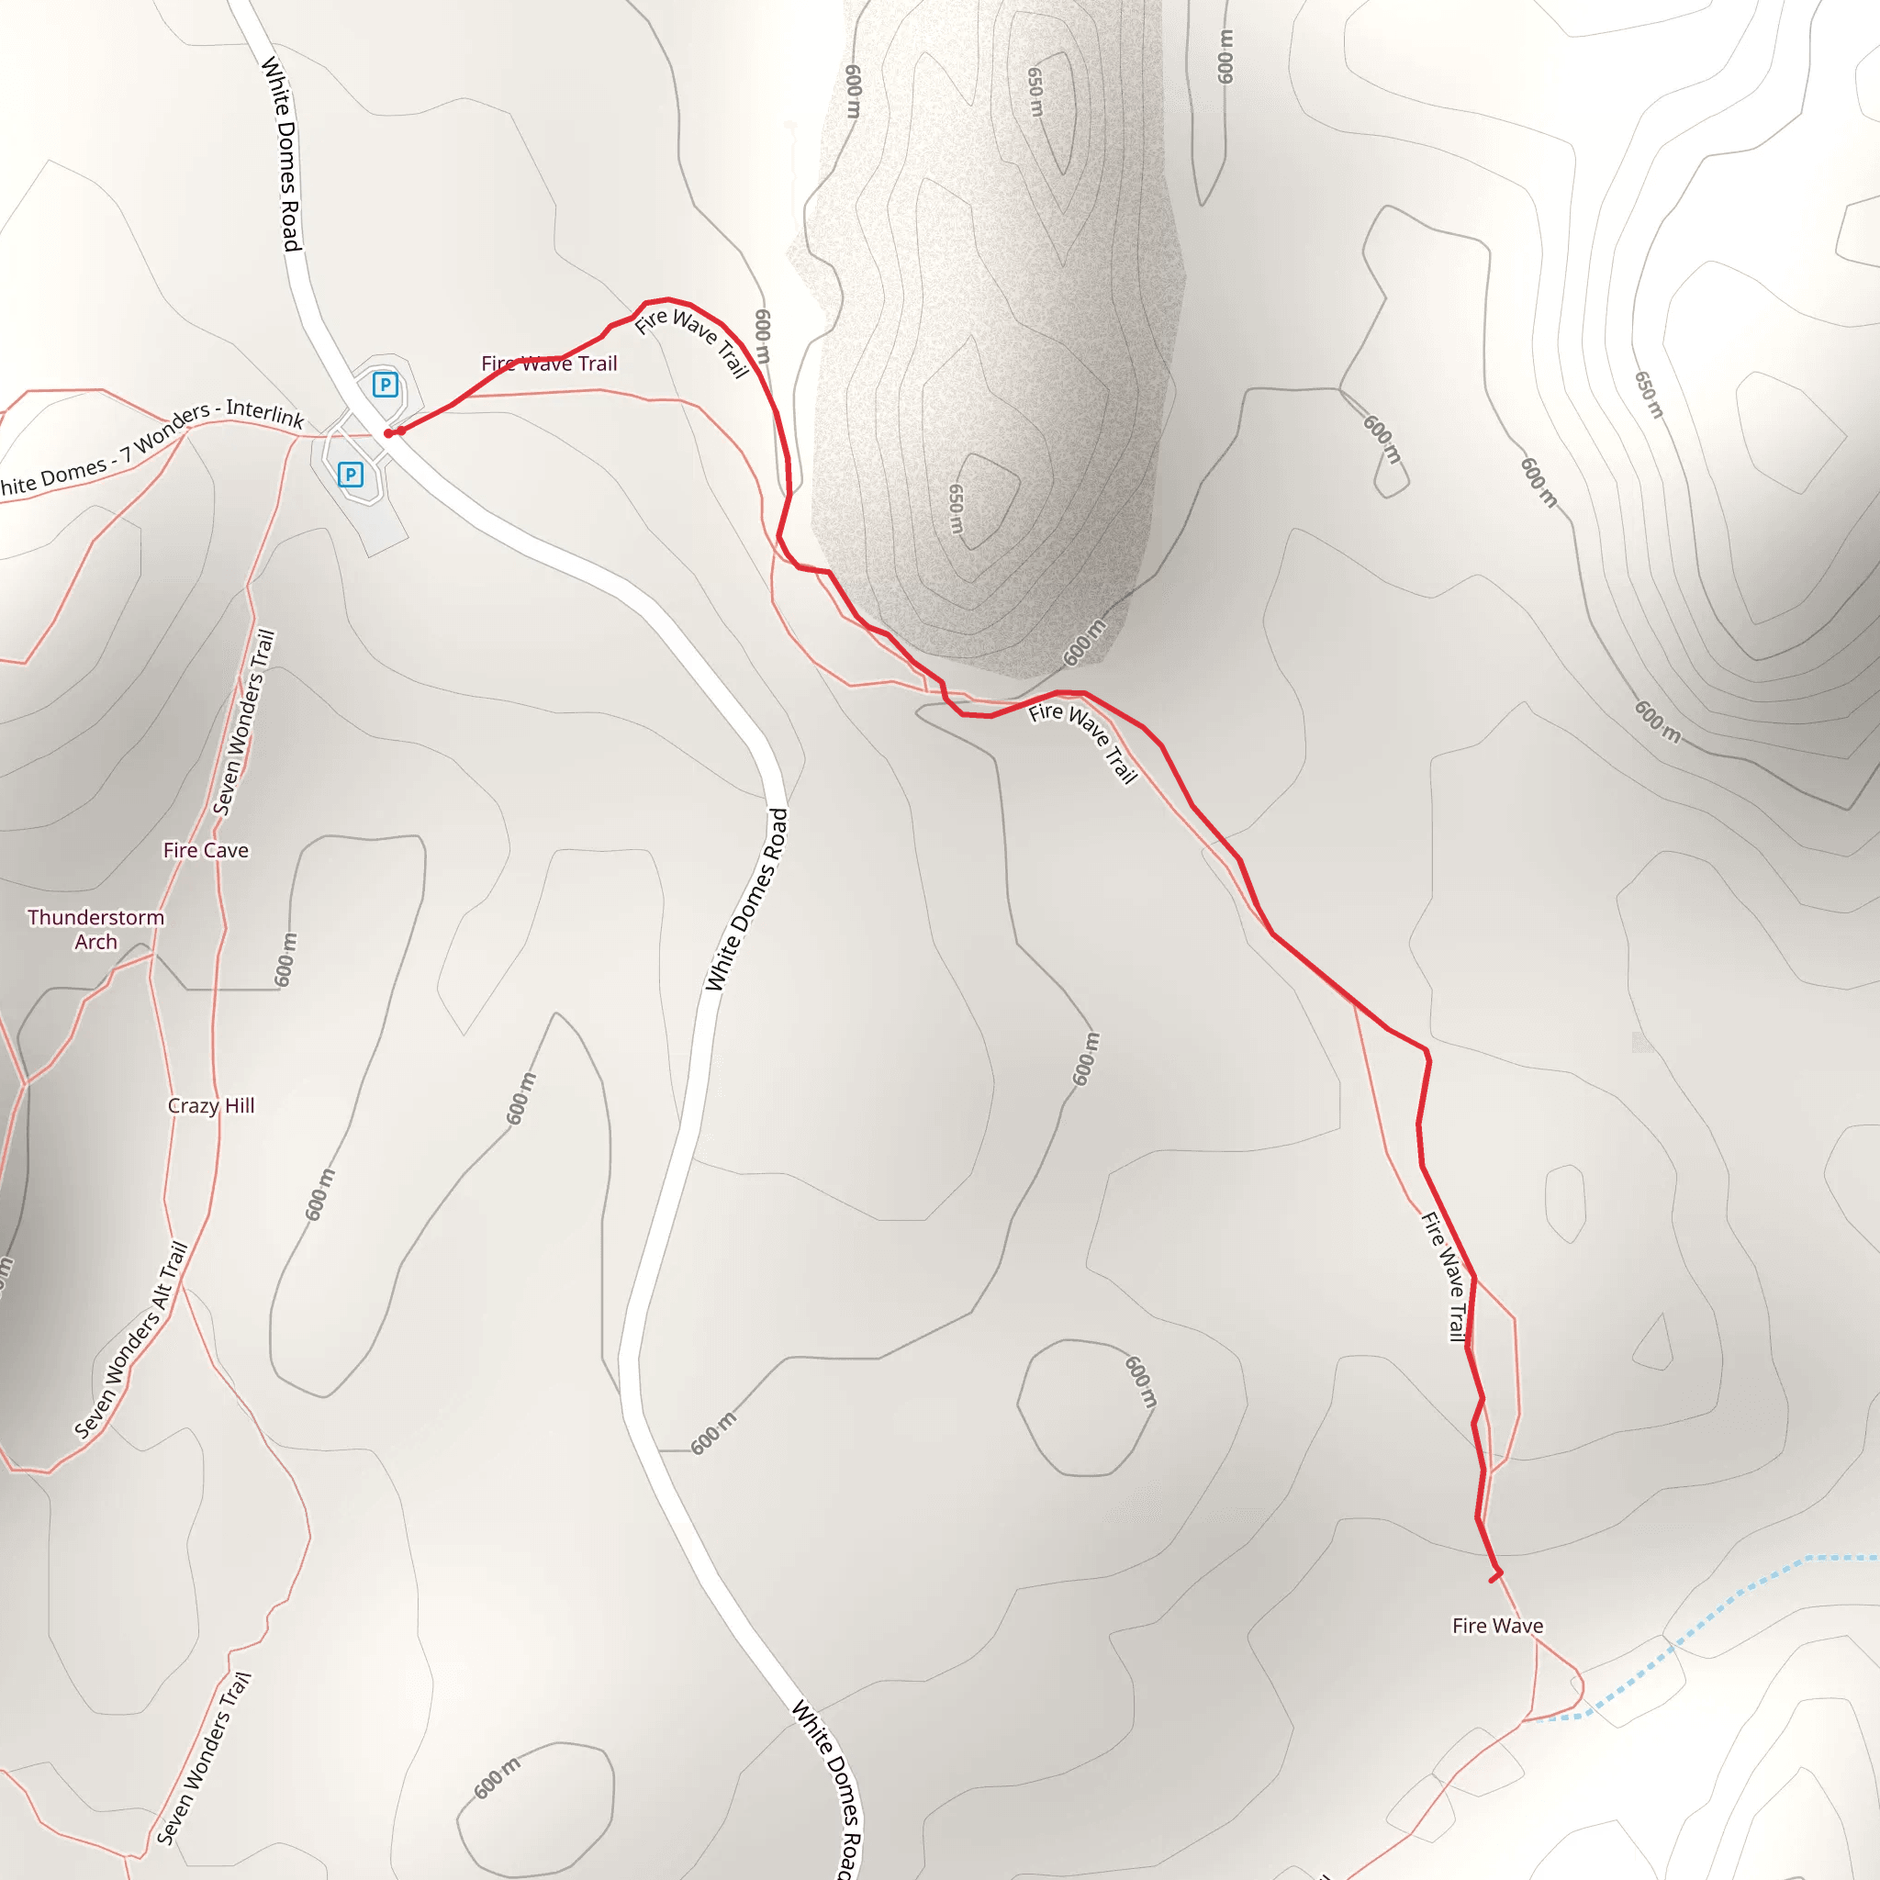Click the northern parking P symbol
[x=386, y=385]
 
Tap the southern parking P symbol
[x=351, y=475]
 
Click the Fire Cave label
[x=206, y=850]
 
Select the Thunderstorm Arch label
[x=95, y=929]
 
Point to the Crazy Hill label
[x=211, y=1105]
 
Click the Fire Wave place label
[x=1497, y=1625]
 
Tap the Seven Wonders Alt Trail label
[x=130, y=1340]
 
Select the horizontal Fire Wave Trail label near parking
[x=549, y=364]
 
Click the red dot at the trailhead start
[x=388, y=433]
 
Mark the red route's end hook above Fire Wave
[x=1495, y=1574]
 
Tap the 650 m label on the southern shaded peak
[x=957, y=509]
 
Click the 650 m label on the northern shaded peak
[x=1036, y=93]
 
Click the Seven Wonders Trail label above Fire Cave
[x=244, y=722]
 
